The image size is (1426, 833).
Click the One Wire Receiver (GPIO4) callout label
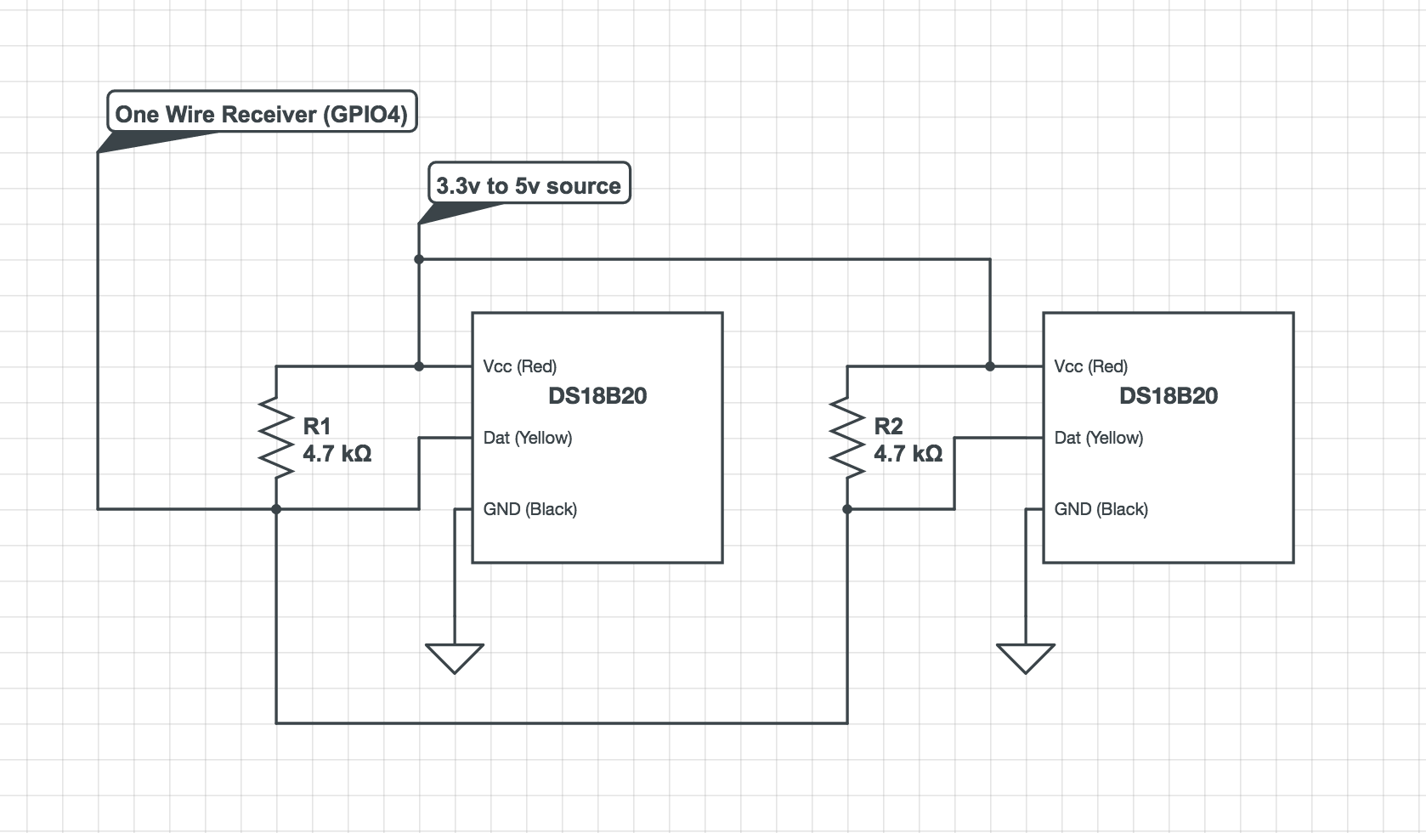(x=262, y=113)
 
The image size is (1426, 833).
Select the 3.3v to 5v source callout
(x=529, y=184)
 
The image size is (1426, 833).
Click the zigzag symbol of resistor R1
(x=276, y=437)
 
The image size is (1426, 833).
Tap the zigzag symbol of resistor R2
(x=847, y=437)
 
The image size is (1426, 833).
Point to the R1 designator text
(x=317, y=426)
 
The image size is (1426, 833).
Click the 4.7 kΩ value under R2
(x=908, y=453)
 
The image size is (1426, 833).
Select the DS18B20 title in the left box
(x=597, y=395)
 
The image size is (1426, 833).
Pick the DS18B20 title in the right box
(x=1169, y=395)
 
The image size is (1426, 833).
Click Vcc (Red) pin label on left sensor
(x=519, y=366)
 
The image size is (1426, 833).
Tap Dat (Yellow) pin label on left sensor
(x=527, y=438)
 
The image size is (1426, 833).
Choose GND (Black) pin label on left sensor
(x=529, y=509)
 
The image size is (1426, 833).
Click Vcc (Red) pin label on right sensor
(x=1090, y=366)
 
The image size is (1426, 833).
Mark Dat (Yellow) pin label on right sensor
(x=1098, y=438)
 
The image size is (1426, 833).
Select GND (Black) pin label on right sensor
(x=1101, y=509)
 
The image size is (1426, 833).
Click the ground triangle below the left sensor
(x=455, y=657)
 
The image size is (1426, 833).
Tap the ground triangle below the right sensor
(x=1026, y=657)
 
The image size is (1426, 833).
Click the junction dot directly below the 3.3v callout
(x=419, y=259)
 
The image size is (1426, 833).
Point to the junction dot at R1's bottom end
(x=276, y=509)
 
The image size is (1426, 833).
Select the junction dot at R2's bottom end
(x=847, y=509)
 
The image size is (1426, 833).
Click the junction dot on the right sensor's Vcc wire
(x=990, y=366)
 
